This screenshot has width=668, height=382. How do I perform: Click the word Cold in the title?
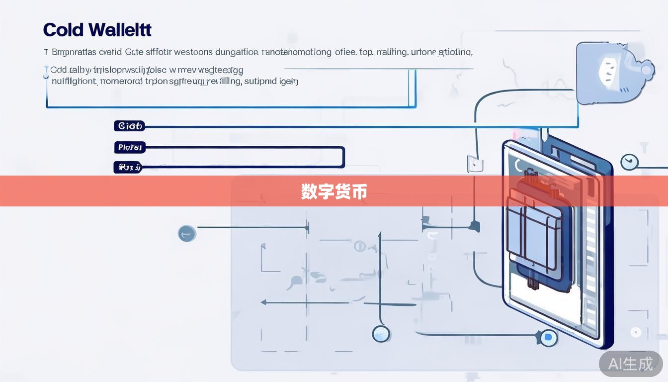[x=63, y=30]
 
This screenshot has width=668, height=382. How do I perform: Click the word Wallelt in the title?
[x=121, y=30]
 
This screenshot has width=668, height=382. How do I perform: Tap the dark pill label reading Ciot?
[x=129, y=126]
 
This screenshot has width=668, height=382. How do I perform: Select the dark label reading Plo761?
[x=129, y=147]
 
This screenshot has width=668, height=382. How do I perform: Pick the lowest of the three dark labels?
[x=128, y=168]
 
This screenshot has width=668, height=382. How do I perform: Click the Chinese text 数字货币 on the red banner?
[x=334, y=191]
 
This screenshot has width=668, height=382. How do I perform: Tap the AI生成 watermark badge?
[x=630, y=364]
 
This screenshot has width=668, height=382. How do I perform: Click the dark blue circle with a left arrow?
[x=187, y=233]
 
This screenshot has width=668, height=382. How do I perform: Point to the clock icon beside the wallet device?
[x=629, y=162]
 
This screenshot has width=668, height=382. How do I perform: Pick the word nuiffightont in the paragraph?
[x=74, y=81]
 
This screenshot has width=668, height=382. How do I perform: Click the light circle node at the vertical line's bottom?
[x=381, y=333]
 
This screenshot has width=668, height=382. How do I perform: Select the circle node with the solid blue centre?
[x=548, y=338]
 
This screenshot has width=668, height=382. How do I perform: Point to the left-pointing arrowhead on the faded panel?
[x=264, y=302]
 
